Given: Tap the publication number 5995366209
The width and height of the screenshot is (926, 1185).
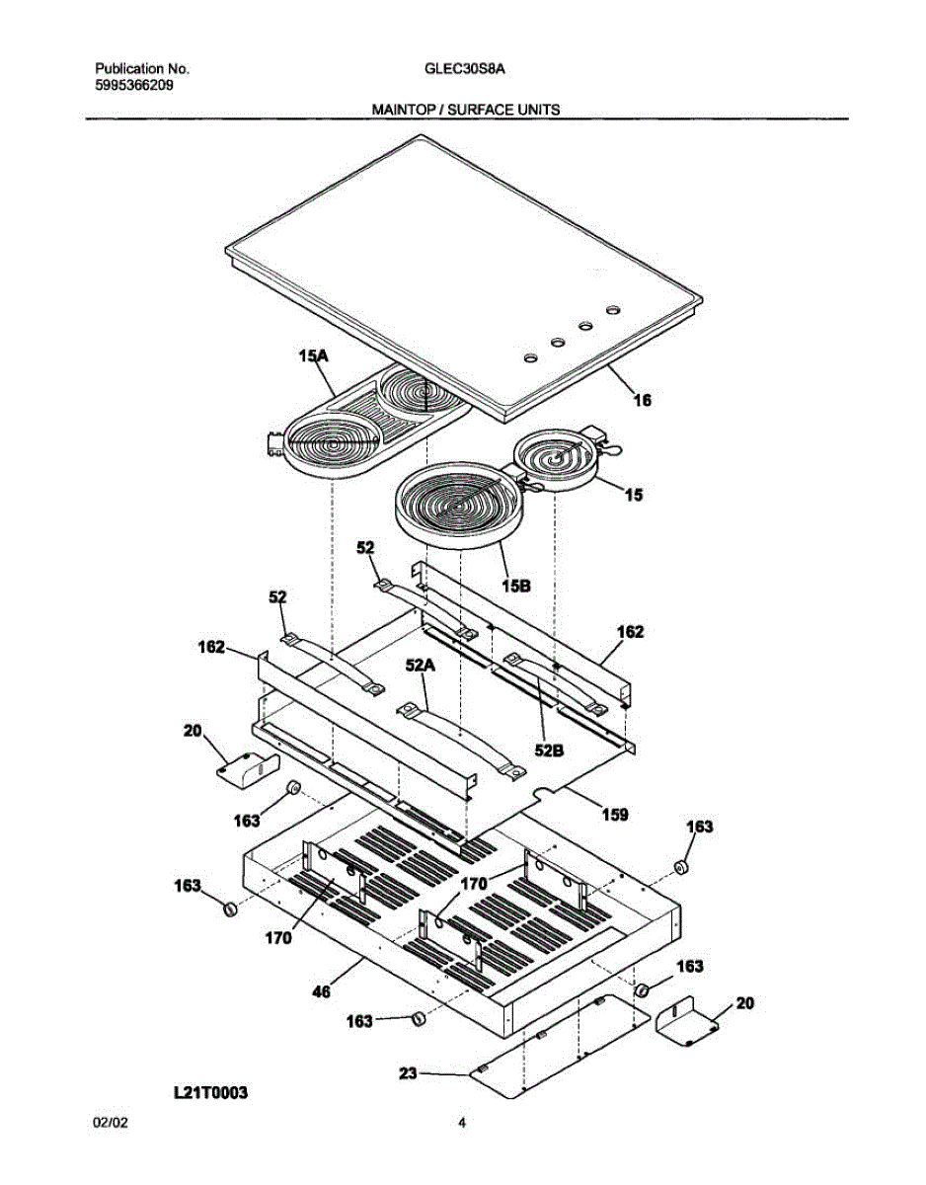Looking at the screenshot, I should coord(136,85).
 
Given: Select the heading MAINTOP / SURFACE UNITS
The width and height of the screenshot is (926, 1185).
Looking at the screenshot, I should coord(465,110).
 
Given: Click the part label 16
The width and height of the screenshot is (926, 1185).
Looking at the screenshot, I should coord(642,401).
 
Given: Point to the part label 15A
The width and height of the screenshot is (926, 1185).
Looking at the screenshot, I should coord(314,357).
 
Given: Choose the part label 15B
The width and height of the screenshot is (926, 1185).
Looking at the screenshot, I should coord(515,586).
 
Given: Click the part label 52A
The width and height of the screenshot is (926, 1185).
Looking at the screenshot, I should coord(420,667).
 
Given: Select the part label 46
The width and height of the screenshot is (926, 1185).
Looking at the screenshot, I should coord(321,991).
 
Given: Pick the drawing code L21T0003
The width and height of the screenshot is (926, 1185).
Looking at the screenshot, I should coord(210,1092).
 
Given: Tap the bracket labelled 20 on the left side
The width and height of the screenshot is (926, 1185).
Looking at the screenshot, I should coord(247,766).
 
